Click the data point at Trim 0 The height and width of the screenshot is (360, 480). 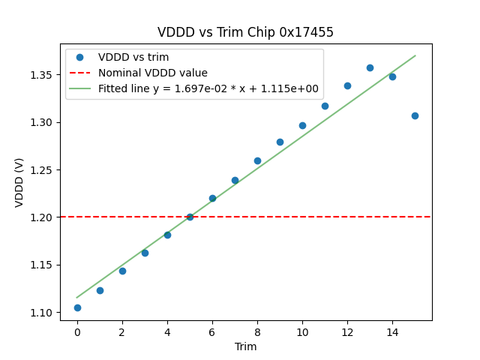[77, 307]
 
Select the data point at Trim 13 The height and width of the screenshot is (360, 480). [370, 67]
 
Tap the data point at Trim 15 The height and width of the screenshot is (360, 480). [415, 115]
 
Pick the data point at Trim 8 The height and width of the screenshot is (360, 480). [257, 160]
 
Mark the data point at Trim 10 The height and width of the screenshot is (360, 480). [302, 125]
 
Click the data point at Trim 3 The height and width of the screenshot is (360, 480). [145, 253]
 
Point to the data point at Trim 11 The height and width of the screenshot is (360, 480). [325, 106]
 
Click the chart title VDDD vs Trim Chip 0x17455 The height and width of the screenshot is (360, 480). [245, 32]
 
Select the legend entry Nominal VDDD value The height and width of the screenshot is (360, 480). [153, 73]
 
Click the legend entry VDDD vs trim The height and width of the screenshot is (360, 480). [133, 58]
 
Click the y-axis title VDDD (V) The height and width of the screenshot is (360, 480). [19, 182]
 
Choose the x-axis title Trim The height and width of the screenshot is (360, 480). [245, 346]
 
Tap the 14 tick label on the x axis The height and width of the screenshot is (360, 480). [392, 331]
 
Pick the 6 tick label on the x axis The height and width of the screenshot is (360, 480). [212, 331]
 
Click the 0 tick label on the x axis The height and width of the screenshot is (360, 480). [77, 331]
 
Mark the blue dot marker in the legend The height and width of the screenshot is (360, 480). [82, 58]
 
